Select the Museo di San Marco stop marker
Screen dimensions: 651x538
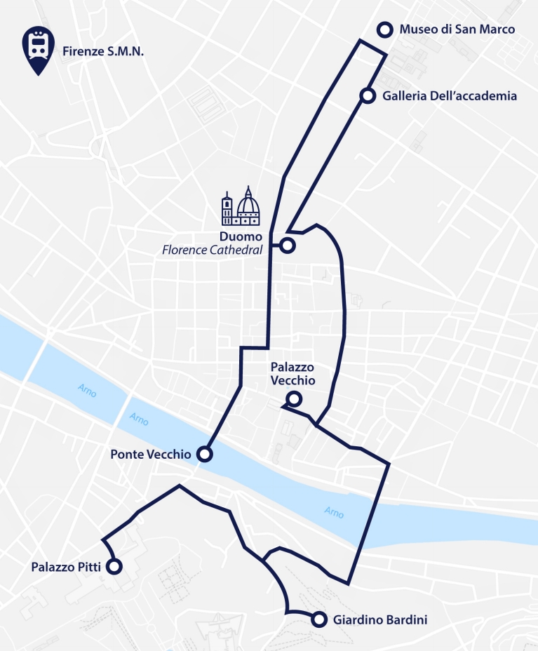pyautogui.click(x=384, y=29)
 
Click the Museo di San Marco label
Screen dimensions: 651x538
pyautogui.click(x=457, y=29)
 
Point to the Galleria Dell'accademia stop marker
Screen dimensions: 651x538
pyautogui.click(x=367, y=96)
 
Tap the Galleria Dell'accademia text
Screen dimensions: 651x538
pyautogui.click(x=450, y=96)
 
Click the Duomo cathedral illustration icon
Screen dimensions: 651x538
pyautogui.click(x=241, y=206)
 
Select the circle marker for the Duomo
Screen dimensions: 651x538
pyautogui.click(x=287, y=245)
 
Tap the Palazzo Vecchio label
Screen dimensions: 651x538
pyautogui.click(x=292, y=374)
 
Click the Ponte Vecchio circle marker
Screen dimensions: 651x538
pyautogui.click(x=204, y=454)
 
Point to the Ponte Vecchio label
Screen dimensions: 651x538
pyautogui.click(x=150, y=455)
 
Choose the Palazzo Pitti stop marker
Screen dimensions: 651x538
pyautogui.click(x=114, y=566)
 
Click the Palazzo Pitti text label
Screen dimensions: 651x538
pyautogui.click(x=66, y=567)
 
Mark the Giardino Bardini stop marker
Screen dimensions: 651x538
pyautogui.click(x=319, y=619)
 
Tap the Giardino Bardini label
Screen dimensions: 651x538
pyautogui.click(x=380, y=620)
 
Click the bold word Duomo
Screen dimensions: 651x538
pyautogui.click(x=241, y=236)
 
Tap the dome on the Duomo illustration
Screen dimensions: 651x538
pyautogui.click(x=248, y=203)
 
